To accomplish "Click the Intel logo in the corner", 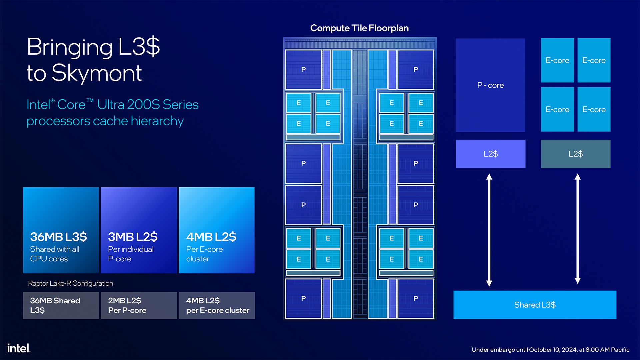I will coord(19,348).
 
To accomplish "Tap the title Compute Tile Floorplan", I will coord(359,28).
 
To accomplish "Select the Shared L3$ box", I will coord(535,305).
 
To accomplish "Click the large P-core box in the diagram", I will coord(490,85).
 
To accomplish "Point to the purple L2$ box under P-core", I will coord(490,154).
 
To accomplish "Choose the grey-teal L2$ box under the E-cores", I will coord(575,154).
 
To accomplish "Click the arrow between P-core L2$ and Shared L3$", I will coord(489,230).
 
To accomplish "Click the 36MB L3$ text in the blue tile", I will coord(58,237).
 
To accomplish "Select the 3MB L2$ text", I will coord(133,237).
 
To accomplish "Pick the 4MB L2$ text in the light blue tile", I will coord(211,237).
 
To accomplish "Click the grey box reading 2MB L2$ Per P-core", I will coord(139,305).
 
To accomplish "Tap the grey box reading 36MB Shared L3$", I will coord(61,305).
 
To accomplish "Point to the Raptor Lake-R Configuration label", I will coord(71,283).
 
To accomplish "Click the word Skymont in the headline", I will coord(97,73).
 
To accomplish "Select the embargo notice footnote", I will coord(550,350).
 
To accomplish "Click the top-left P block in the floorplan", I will coord(303,69).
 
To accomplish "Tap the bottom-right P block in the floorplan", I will coord(416,298).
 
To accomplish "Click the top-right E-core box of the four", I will coord(594,60).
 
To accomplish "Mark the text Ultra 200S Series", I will coord(148,105).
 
